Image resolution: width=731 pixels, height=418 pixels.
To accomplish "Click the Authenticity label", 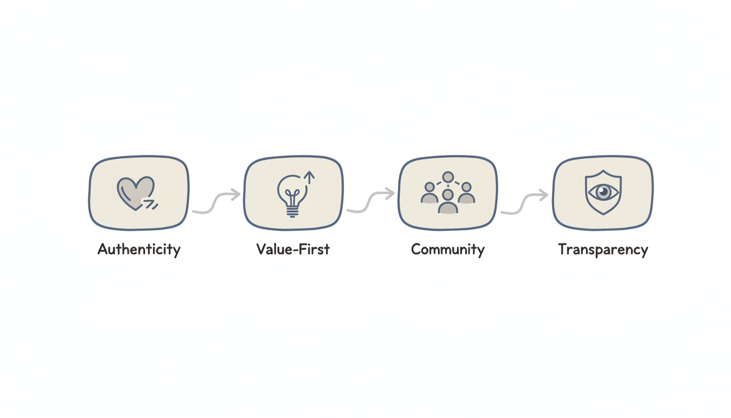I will click(x=139, y=250).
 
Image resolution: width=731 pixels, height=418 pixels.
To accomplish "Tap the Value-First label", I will click(x=293, y=250).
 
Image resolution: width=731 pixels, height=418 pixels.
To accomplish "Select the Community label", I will click(x=448, y=250).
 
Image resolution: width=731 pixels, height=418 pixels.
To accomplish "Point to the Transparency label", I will click(x=603, y=250).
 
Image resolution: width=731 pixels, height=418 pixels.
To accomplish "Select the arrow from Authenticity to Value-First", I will click(x=216, y=202).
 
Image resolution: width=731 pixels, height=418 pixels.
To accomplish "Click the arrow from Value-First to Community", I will click(x=371, y=202).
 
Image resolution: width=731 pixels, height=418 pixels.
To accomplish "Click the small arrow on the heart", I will click(x=149, y=204).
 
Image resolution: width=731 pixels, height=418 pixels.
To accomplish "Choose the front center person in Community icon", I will click(x=448, y=201).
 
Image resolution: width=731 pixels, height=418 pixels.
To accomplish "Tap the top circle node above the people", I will click(x=448, y=177).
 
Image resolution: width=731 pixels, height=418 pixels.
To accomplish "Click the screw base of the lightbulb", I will click(x=292, y=211).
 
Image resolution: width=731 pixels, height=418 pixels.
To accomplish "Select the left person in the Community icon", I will click(x=430, y=193).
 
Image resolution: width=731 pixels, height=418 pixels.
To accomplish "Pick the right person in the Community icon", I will click(x=466, y=193).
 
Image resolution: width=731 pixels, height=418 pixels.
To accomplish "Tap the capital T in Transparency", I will click(x=563, y=249).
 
